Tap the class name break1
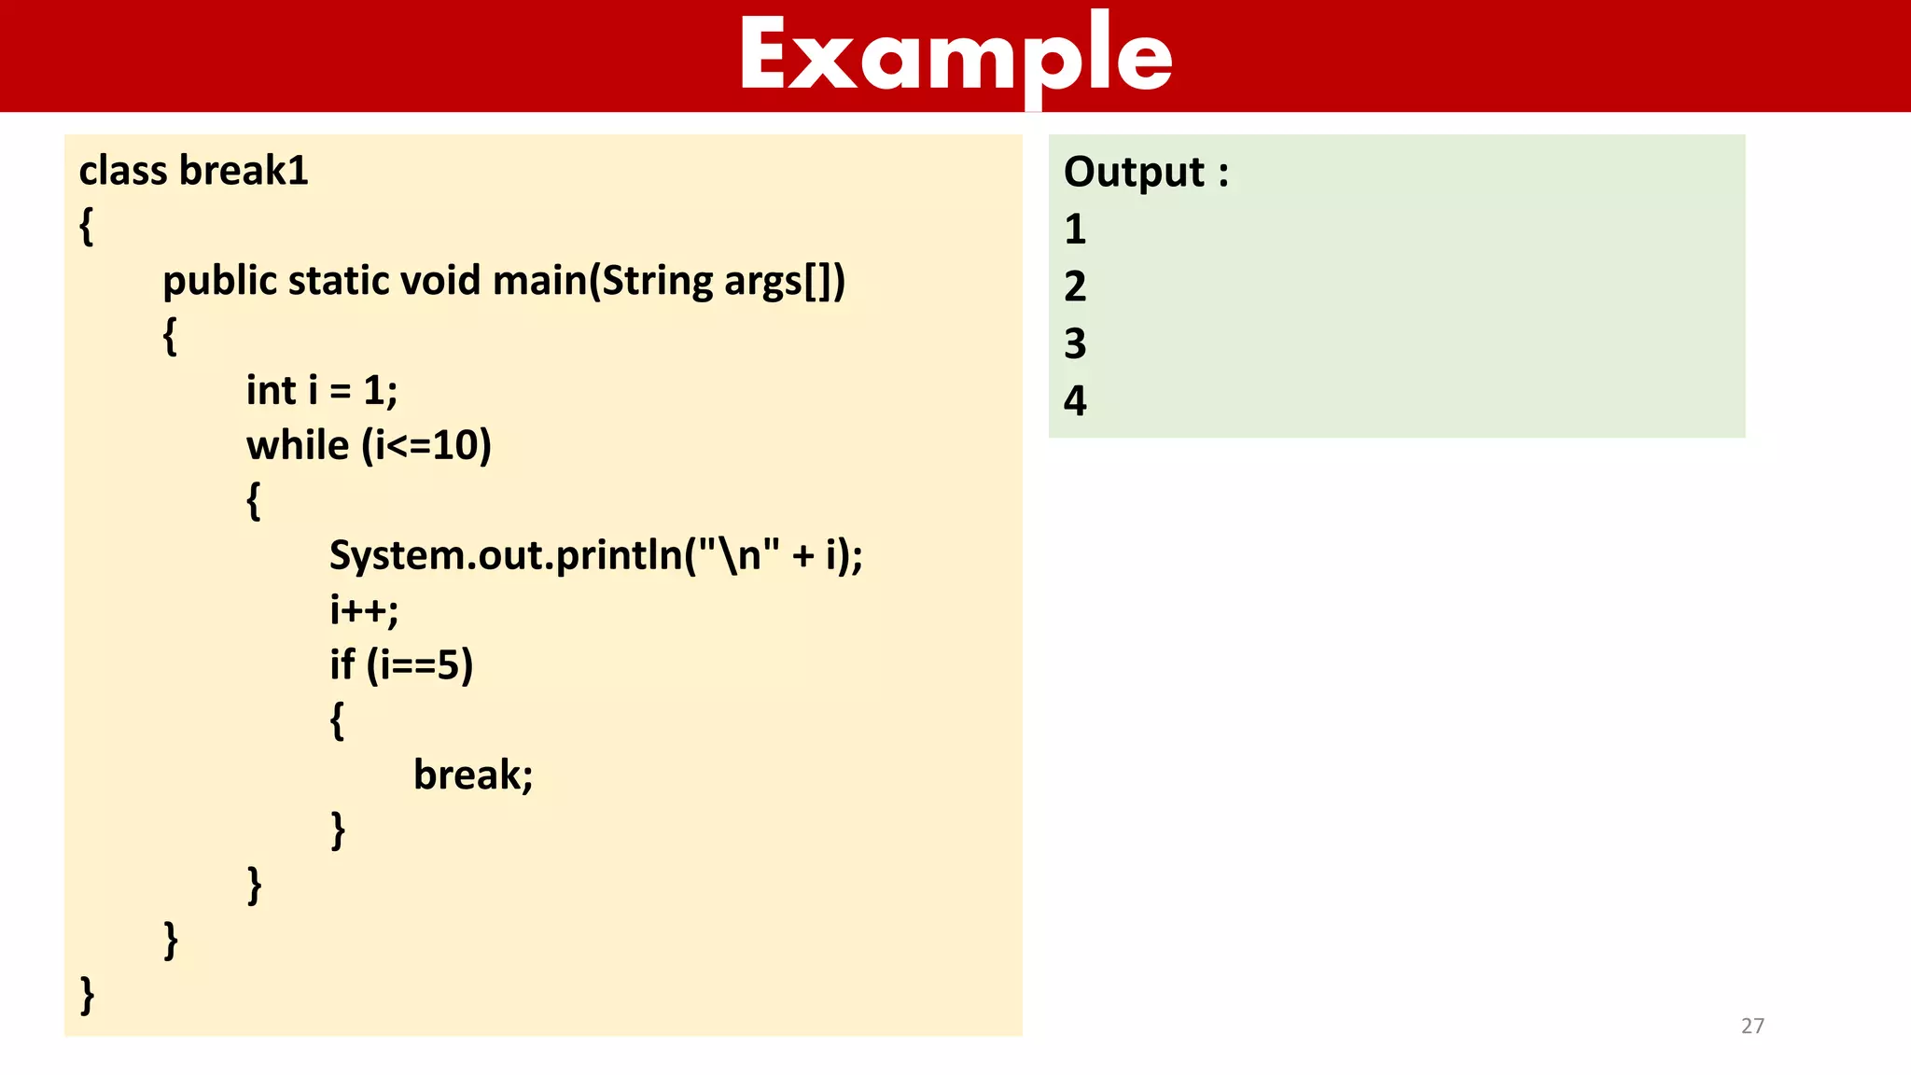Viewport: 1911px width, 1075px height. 244,171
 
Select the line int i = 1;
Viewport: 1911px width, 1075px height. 322,391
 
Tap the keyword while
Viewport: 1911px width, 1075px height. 298,445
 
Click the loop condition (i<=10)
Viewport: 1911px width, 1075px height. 426,445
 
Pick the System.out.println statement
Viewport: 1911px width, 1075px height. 596,555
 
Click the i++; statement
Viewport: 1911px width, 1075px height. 364,610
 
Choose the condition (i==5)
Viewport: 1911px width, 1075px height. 420,665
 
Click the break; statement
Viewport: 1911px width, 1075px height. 473,775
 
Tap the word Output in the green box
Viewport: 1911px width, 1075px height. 1135,173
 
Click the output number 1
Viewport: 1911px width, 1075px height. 1076,230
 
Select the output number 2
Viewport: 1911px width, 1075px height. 1076,286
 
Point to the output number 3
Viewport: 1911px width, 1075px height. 1076,343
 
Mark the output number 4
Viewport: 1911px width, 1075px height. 1076,401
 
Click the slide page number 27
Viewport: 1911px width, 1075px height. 1752,1026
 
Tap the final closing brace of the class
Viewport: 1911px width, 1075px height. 87,995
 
